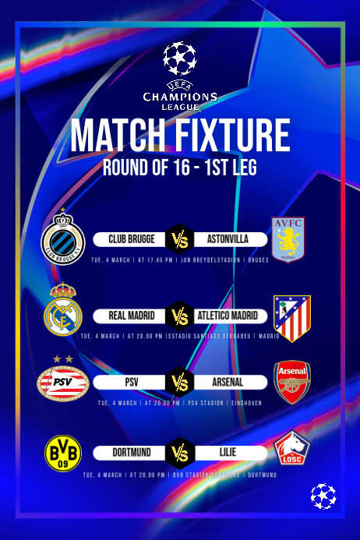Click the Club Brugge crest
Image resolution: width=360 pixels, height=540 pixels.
(62, 238)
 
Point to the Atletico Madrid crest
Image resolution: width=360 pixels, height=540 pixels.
(293, 318)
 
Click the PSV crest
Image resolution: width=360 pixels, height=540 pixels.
(63, 383)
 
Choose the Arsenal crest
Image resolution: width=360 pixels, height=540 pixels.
(294, 382)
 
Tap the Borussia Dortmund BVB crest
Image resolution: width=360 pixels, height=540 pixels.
(64, 453)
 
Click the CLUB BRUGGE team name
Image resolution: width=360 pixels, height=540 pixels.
(132, 238)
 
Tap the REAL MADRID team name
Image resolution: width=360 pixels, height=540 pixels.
(130, 316)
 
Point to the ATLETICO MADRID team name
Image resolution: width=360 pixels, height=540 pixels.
(230, 316)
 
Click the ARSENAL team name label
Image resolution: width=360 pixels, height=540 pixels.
(228, 383)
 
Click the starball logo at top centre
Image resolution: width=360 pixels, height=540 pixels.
(180, 59)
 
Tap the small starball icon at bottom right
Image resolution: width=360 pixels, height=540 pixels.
(323, 496)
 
